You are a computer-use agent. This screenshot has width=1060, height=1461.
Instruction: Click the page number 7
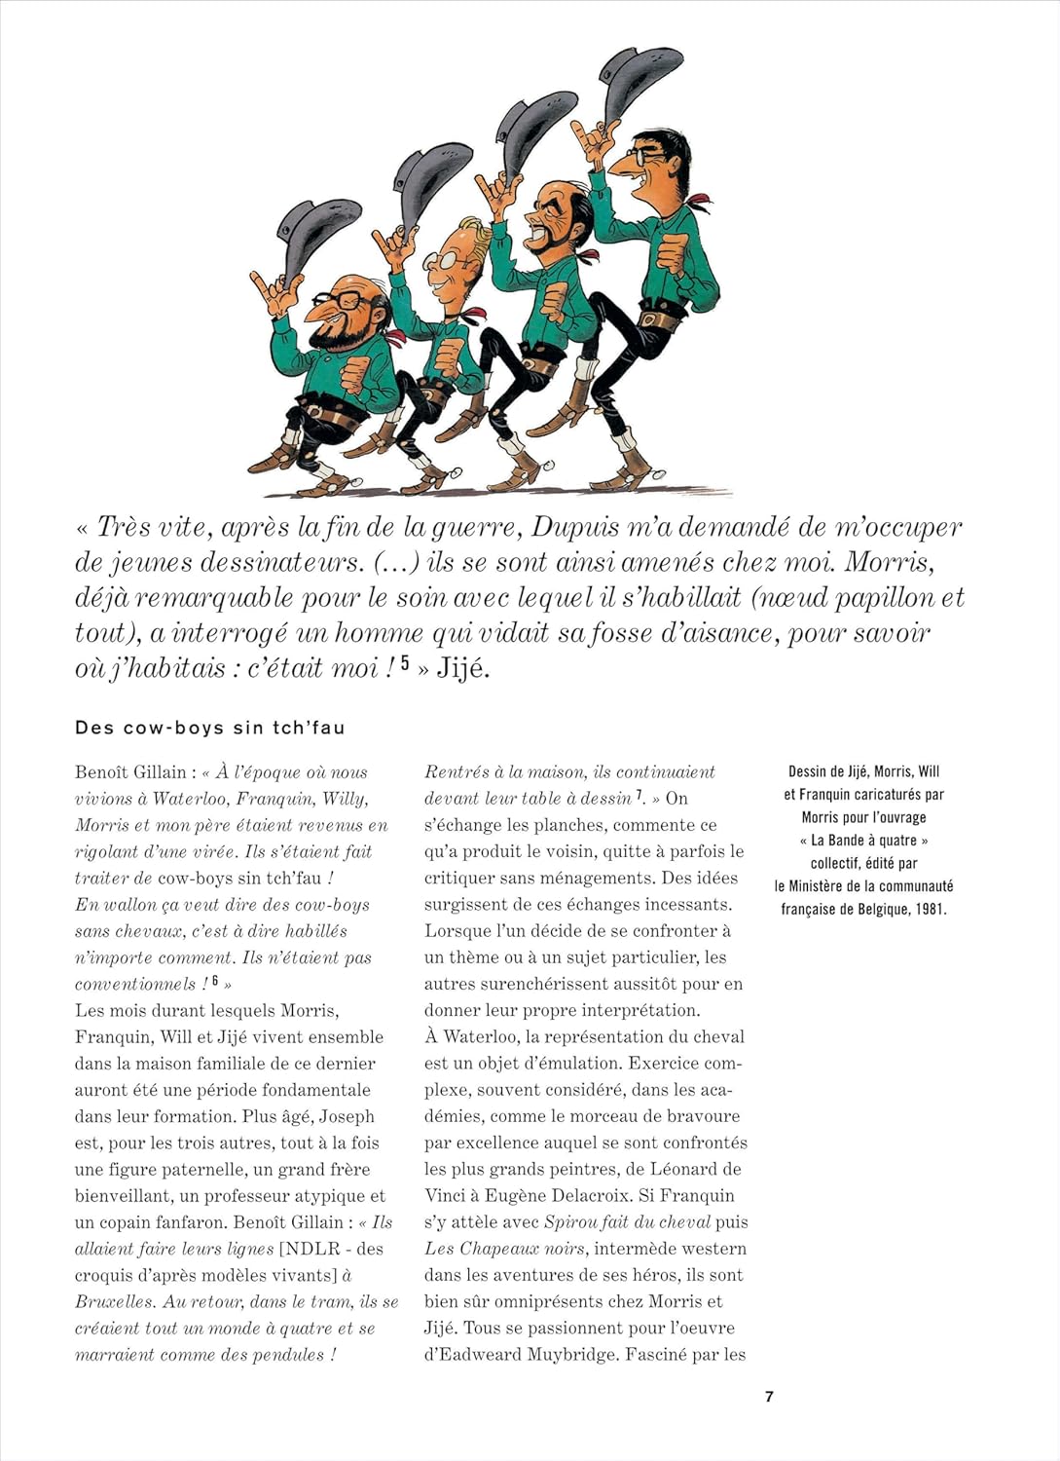(769, 1397)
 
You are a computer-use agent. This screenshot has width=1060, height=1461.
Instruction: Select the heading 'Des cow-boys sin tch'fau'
(209, 728)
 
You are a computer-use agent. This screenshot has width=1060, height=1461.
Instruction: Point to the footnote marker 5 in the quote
(405, 663)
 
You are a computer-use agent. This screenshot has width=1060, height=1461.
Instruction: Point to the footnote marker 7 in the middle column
(640, 796)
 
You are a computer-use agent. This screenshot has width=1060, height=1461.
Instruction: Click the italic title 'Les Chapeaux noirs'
(504, 1249)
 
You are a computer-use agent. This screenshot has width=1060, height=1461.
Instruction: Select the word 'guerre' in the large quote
(473, 528)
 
